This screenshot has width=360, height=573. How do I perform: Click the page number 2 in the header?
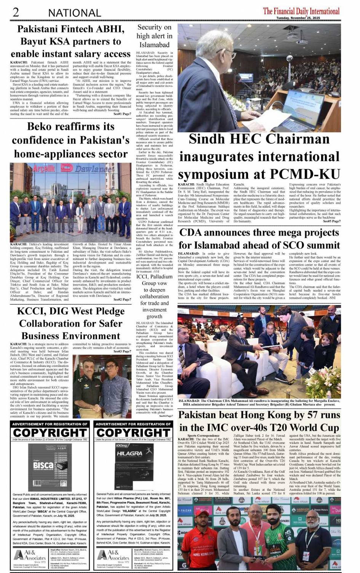click(x=16, y=12)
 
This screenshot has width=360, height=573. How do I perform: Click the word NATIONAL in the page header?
click(x=74, y=13)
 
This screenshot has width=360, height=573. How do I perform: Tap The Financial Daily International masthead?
click(x=301, y=11)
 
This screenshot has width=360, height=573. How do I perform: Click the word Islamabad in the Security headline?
click(x=154, y=45)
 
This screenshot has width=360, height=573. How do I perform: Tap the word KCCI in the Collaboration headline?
click(x=34, y=311)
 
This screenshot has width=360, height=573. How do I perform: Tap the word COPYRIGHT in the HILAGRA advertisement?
click(x=133, y=433)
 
